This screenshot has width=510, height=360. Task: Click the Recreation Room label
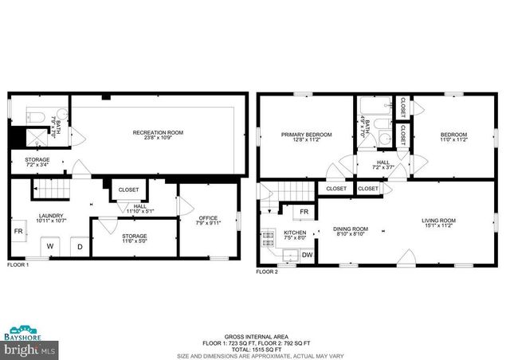(158, 135)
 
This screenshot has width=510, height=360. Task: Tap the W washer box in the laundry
(49, 246)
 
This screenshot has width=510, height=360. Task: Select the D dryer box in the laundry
(80, 246)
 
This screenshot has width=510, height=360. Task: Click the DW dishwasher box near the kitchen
(307, 254)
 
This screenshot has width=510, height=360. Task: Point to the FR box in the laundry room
(19, 233)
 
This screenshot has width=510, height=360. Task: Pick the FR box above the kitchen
(304, 212)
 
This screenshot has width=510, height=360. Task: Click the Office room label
(207, 219)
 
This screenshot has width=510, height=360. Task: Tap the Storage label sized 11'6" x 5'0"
(135, 238)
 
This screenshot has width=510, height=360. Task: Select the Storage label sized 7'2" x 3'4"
(37, 162)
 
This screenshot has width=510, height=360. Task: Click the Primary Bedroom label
(306, 137)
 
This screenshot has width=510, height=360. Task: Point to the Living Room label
(438, 223)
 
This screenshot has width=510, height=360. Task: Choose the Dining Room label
(350, 231)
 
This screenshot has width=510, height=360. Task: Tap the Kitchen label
(295, 235)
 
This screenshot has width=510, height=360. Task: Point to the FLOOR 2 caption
(267, 272)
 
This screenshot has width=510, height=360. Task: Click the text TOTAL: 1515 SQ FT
(255, 349)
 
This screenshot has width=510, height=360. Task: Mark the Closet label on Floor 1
(128, 190)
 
